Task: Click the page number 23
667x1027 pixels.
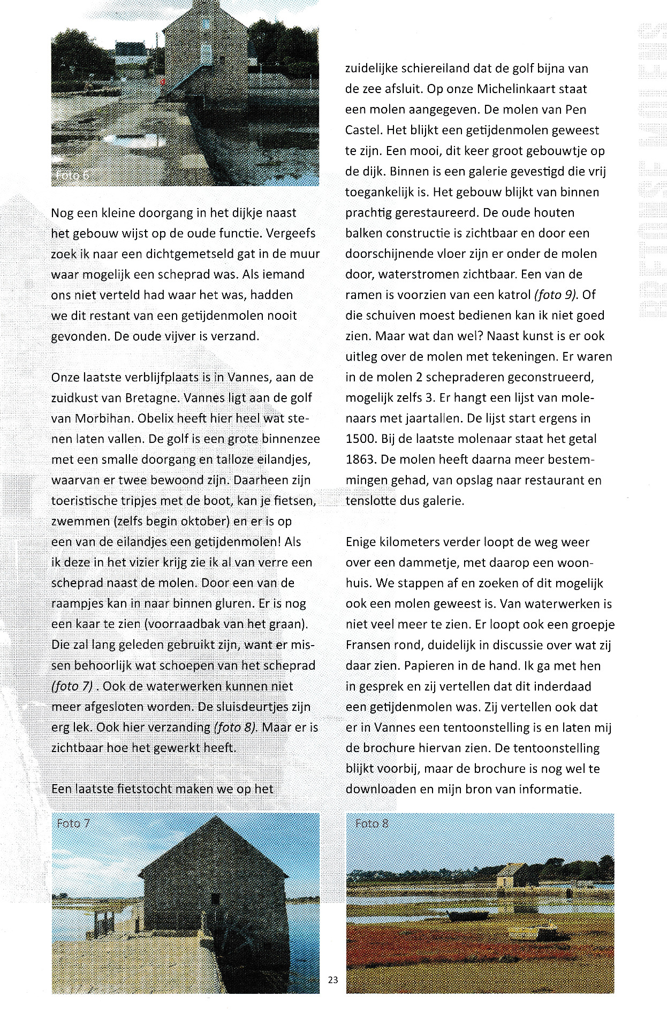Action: (333, 980)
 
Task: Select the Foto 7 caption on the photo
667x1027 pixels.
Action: (73, 823)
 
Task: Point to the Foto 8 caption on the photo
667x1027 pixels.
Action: (372, 823)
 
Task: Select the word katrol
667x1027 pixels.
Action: (509, 295)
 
